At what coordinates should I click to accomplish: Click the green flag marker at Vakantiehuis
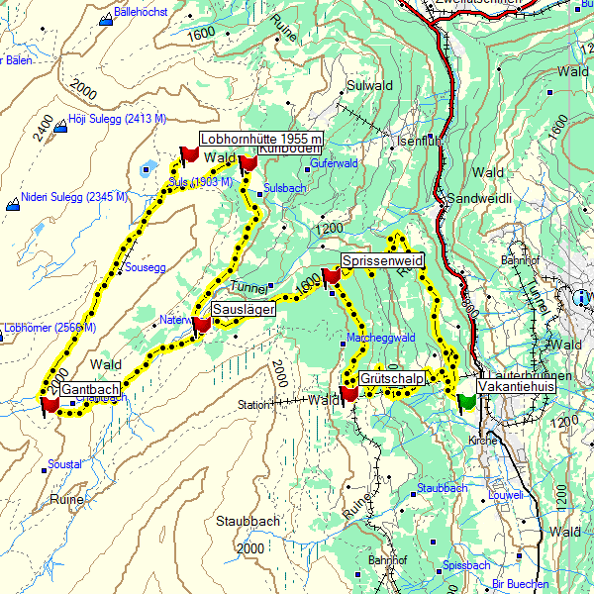pyautogui.click(x=465, y=402)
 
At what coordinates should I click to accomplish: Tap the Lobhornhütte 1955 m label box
pyautogui.click(x=261, y=138)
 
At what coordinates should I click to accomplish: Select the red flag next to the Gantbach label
pyautogui.click(x=49, y=404)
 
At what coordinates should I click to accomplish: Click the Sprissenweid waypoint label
pyautogui.click(x=382, y=260)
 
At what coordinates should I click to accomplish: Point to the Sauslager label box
pyautogui.click(x=242, y=309)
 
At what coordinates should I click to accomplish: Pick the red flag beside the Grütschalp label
pyautogui.click(x=348, y=394)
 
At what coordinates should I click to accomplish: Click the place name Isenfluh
pyautogui.click(x=416, y=141)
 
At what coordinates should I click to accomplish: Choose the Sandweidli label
pyautogui.click(x=478, y=198)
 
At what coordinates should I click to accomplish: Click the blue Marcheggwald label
pyautogui.click(x=380, y=338)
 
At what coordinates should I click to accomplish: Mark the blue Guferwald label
pyautogui.click(x=332, y=163)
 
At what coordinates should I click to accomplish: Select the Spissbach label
pyautogui.click(x=467, y=565)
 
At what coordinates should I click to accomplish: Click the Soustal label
pyautogui.click(x=64, y=463)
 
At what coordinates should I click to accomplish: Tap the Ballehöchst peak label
pyautogui.click(x=141, y=13)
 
